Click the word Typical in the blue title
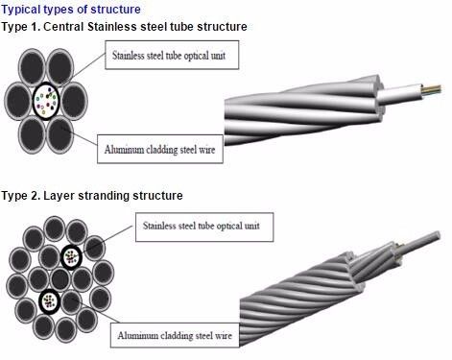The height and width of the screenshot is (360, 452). (x=23, y=9)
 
